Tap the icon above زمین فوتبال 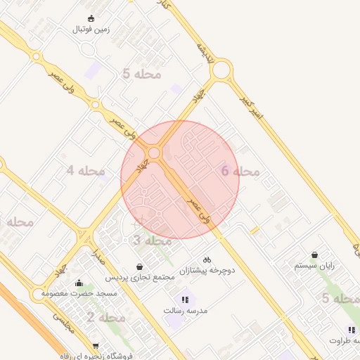pos(91,18)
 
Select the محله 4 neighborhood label pos(86,170)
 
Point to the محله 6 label pos(240,171)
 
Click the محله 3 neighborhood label pos(153,240)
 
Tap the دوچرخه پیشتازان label pos(207,270)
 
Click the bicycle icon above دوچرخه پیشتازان pos(207,259)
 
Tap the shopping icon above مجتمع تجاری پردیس pos(142,266)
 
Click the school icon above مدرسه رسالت pos(186,299)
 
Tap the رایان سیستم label pos(314,266)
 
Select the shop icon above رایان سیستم pos(314,255)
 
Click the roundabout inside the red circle pos(153,153)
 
